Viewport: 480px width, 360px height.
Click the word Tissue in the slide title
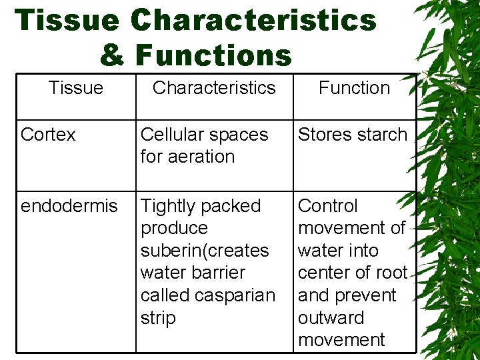tap(67, 20)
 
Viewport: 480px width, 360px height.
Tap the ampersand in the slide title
tap(112, 55)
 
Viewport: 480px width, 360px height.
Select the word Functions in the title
tap(213, 55)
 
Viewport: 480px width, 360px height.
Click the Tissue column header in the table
tap(76, 88)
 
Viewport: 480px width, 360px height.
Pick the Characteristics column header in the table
tap(214, 88)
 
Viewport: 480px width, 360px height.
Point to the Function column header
tap(354, 88)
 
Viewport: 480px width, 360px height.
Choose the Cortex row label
tap(48, 135)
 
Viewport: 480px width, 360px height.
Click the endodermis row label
tap(69, 206)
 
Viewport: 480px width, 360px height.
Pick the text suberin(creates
tap(205, 251)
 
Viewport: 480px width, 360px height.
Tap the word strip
tap(158, 318)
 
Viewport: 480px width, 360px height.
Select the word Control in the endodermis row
tap(328, 206)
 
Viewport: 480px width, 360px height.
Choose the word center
tap(326, 273)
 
